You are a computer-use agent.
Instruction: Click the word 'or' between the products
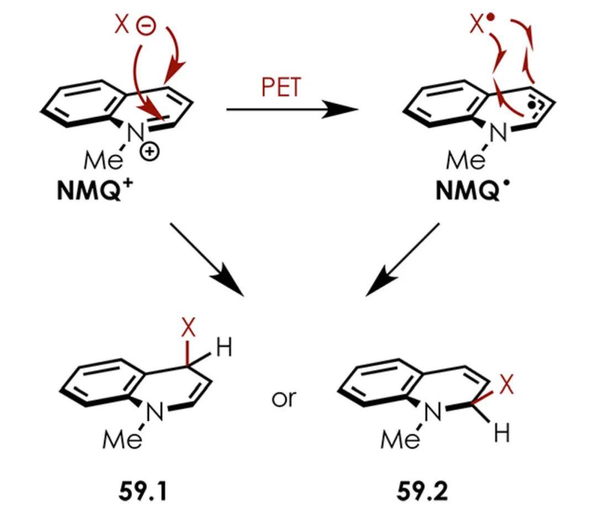[284, 398]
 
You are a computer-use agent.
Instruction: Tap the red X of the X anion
[122, 25]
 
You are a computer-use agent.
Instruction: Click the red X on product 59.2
[506, 385]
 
